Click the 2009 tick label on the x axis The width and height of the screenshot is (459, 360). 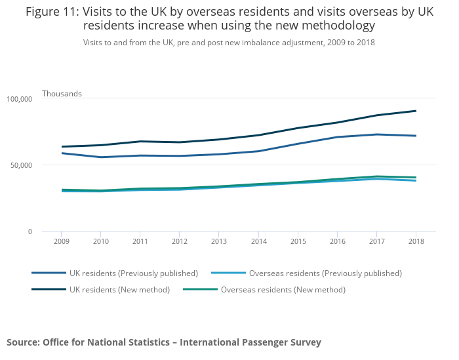[x=61, y=241]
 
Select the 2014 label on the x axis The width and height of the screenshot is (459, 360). [x=258, y=241]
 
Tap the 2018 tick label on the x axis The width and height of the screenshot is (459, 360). [x=416, y=241]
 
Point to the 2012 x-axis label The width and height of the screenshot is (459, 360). [x=180, y=241]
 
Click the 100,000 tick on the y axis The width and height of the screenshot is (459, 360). [x=19, y=99]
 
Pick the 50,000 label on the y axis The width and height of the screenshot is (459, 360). [x=21, y=165]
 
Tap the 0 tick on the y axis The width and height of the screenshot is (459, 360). [x=30, y=231]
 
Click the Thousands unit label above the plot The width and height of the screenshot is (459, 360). [x=62, y=94]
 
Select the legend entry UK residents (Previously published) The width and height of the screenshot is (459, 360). [x=133, y=273]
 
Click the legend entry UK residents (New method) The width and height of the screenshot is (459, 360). [x=119, y=290]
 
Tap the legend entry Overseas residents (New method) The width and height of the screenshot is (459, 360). [x=283, y=290]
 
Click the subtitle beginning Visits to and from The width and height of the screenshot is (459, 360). [x=229, y=42]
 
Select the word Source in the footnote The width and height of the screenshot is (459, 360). [x=22, y=342]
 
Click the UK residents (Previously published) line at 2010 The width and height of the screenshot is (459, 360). [x=100, y=157]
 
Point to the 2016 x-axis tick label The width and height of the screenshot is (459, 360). [x=337, y=241]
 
